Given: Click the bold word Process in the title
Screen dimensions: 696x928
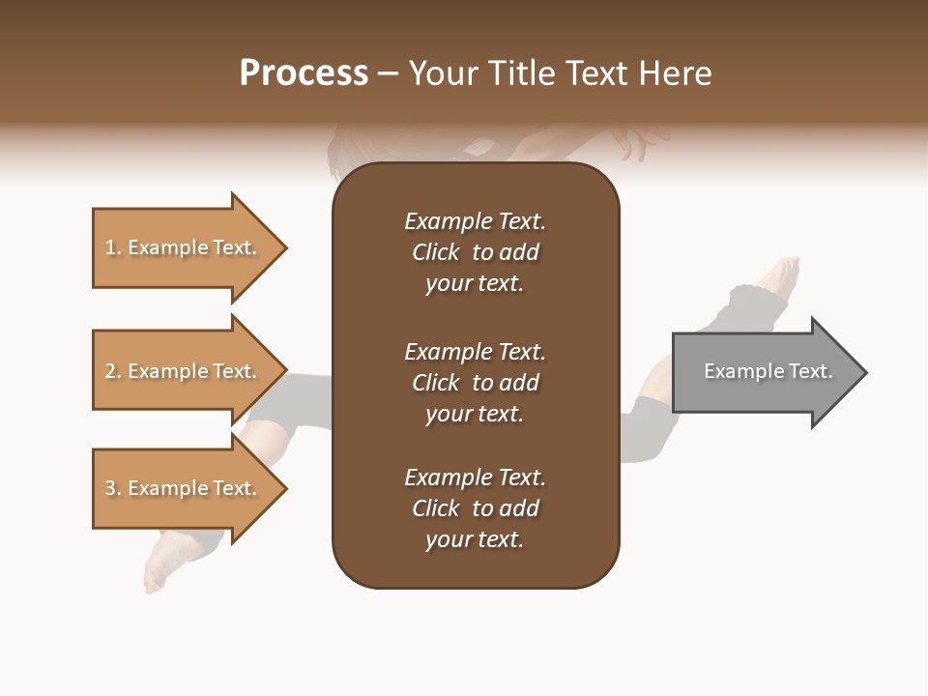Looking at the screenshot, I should pos(304,73).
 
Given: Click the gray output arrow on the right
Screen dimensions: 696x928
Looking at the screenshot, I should pos(764,372).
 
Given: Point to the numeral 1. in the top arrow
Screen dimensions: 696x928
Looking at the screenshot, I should pos(113,247).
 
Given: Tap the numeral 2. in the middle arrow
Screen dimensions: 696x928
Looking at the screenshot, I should pos(113,371).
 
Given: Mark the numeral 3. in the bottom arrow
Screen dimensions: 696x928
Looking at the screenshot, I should pos(113,488).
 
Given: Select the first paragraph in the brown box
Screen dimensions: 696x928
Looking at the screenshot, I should pos(475,252).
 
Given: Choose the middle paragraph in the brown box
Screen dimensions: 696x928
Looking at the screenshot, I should pos(475,383).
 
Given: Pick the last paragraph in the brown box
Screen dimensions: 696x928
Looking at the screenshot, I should pos(475,508).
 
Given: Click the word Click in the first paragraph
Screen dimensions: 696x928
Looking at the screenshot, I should pos(436,252).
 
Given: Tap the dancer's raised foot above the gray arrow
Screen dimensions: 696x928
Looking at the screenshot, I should pos(782,276).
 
